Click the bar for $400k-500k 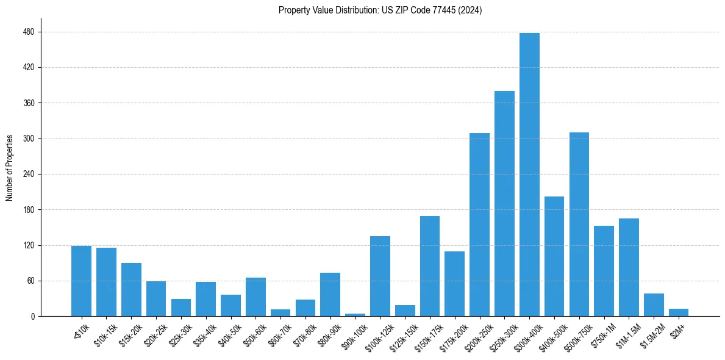tap(554, 256)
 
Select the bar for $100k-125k tap(380, 276)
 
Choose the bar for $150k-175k tap(430, 266)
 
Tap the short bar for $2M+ tap(679, 312)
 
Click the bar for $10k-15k tap(106, 282)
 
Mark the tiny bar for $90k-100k tap(355, 315)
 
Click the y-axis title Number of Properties tap(10, 168)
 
